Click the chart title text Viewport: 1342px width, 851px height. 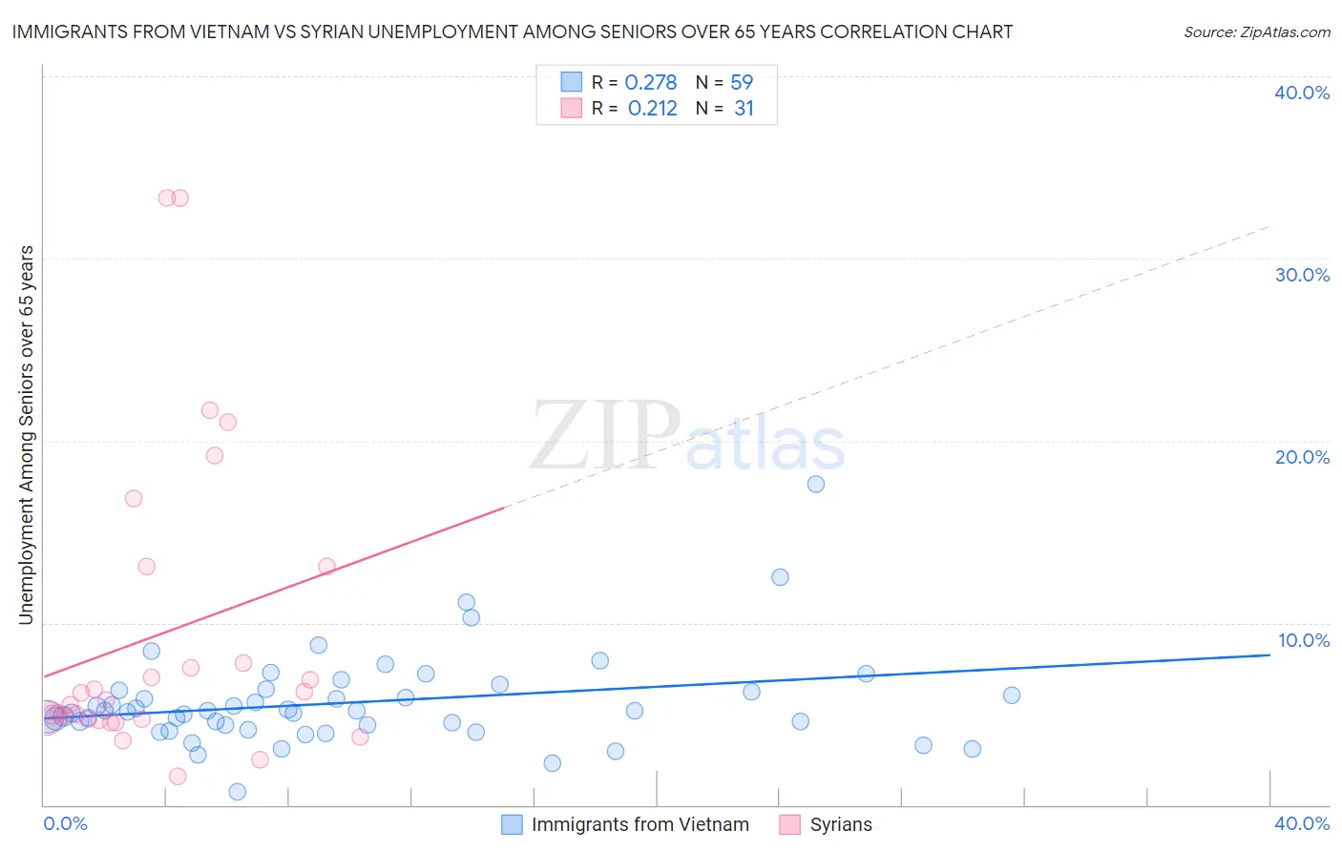[x=512, y=31]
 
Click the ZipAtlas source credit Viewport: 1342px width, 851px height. [x=1256, y=31]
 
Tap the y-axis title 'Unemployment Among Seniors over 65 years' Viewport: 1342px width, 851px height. [x=26, y=435]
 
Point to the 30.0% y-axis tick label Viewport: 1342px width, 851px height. [x=1302, y=275]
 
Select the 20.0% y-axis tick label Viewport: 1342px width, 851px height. [x=1302, y=457]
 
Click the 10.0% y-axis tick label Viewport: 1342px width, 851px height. [x=1303, y=640]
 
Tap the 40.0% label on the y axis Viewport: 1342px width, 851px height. [x=1302, y=93]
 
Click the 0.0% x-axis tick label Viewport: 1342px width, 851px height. [x=65, y=823]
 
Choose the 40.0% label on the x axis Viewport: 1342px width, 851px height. [x=1302, y=823]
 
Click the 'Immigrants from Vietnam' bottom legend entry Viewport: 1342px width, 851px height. [x=640, y=824]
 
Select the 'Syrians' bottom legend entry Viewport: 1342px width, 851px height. [x=840, y=824]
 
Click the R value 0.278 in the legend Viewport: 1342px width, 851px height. [x=651, y=83]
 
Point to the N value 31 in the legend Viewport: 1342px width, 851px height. [x=744, y=109]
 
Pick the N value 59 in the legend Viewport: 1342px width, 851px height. [x=742, y=83]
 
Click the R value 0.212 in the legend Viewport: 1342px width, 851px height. [x=652, y=109]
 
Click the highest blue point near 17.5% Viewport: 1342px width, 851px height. [x=816, y=484]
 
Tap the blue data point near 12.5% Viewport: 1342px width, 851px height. [x=780, y=577]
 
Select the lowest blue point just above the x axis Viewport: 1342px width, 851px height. [x=238, y=792]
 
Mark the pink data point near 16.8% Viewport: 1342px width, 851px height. [x=134, y=498]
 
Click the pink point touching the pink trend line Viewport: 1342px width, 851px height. [x=326, y=566]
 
